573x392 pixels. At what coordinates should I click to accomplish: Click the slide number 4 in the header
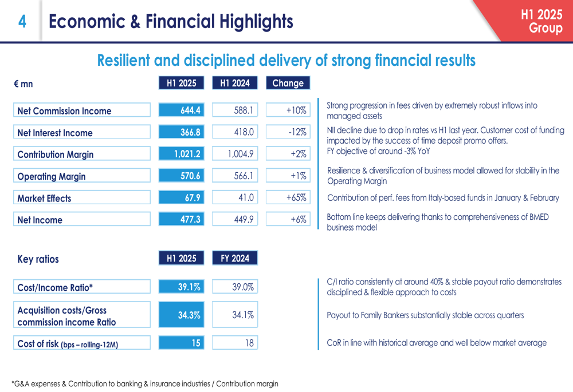22,22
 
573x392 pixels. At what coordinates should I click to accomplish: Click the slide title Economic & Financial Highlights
171,22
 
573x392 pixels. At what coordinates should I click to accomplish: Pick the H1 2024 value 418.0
235,132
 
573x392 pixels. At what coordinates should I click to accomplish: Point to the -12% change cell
288,132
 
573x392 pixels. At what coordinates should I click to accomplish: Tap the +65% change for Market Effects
288,198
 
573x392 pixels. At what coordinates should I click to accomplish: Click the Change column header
288,83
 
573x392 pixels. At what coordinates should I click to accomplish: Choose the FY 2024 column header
235,258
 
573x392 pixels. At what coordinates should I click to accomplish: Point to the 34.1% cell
235,315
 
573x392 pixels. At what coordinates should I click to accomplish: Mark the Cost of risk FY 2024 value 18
235,343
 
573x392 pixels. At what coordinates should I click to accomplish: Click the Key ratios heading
38,259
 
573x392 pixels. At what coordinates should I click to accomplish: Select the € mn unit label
23,84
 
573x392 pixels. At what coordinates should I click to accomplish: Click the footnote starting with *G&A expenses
145,384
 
